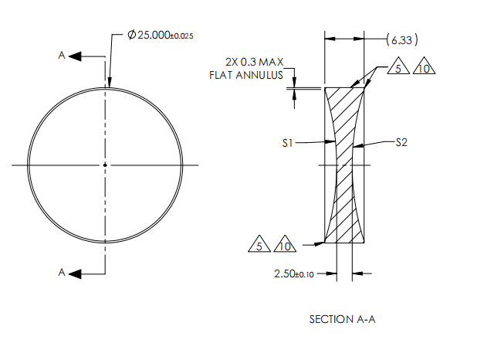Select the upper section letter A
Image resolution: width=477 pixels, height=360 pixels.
[61, 56]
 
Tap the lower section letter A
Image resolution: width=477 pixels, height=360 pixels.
[61, 272]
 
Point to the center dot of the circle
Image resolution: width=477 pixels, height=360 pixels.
[105, 165]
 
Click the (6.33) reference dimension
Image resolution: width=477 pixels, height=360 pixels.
[401, 38]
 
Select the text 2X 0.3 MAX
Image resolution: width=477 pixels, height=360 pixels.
[251, 62]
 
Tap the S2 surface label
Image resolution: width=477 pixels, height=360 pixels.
[401, 142]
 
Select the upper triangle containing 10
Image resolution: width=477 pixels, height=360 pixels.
[424, 69]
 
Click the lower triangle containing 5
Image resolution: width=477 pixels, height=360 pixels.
[259, 246]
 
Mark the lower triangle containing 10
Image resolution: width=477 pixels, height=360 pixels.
[285, 246]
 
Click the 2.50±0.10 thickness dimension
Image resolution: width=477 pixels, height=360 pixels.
[296, 273]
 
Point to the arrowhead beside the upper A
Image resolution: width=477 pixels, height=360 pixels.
[74, 56]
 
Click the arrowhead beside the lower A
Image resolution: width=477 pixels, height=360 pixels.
[74, 272]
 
